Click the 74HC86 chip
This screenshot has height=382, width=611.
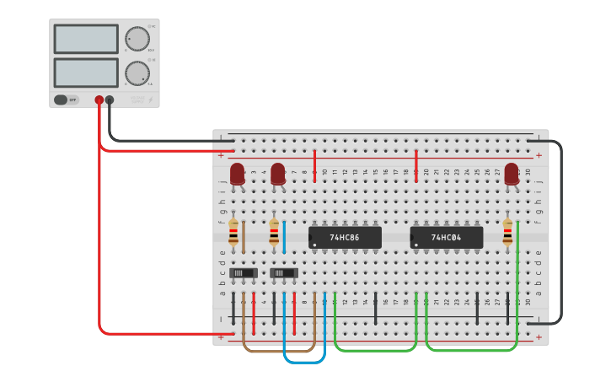pyautogui.click(x=345, y=238)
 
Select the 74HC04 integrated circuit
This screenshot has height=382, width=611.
pyautogui.click(x=447, y=238)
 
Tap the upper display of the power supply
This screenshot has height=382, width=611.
pyautogui.click(x=86, y=39)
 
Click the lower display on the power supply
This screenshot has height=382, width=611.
pyautogui.click(x=86, y=73)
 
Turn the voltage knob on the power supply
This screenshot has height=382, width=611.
pyautogui.click(x=137, y=39)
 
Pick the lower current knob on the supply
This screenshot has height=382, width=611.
pyautogui.click(x=137, y=73)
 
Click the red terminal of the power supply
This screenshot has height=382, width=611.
pyautogui.click(x=99, y=100)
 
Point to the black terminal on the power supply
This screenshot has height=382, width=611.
pyautogui.click(x=110, y=100)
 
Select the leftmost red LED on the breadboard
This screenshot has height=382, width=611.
pyautogui.click(x=238, y=173)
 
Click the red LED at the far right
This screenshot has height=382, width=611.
pyautogui.click(x=512, y=173)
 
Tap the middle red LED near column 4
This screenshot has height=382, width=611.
pyautogui.click(x=278, y=173)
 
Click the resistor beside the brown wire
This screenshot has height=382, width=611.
pyautogui.click(x=233, y=232)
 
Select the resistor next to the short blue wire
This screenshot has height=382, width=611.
pyautogui.click(x=274, y=232)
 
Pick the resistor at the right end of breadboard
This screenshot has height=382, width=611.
pyautogui.click(x=507, y=232)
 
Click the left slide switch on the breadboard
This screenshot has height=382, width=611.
pyautogui.click(x=244, y=273)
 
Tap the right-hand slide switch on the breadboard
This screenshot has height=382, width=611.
pyautogui.click(x=284, y=273)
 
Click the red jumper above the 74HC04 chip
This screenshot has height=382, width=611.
pyautogui.click(x=416, y=164)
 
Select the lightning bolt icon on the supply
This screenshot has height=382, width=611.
pyautogui.click(x=151, y=100)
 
